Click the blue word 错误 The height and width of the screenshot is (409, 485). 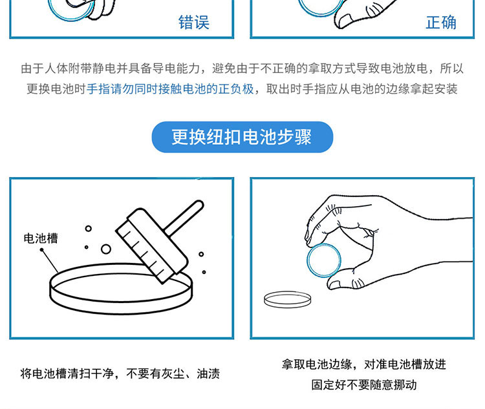[194, 22]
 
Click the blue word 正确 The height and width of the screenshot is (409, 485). [441, 22]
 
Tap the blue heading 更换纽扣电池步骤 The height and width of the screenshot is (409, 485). [242, 137]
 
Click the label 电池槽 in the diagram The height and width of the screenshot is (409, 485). [41, 238]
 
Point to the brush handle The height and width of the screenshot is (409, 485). [184, 217]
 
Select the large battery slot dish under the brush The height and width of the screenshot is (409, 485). [121, 289]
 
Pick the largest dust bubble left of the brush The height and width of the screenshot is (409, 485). [106, 249]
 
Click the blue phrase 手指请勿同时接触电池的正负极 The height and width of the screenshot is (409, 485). [170, 89]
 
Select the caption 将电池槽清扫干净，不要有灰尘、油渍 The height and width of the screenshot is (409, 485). [120, 373]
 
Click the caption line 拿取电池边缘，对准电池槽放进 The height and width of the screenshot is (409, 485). [363, 364]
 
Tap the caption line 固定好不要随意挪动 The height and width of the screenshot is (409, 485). [363, 385]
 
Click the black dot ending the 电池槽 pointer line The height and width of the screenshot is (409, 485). [41, 250]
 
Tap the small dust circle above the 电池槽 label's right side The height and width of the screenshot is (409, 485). [89, 229]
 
